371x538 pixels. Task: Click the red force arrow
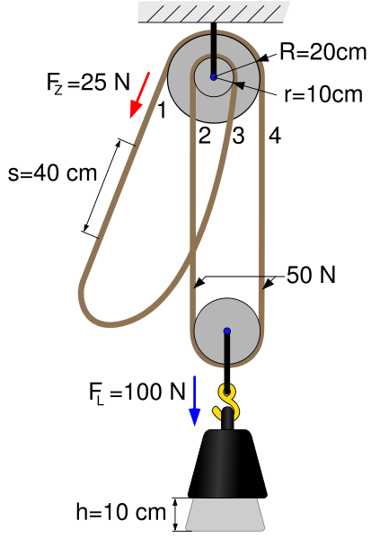click(x=139, y=95)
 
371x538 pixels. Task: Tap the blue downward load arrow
click(x=194, y=401)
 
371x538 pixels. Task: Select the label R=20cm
click(x=323, y=52)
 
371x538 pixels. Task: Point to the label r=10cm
click(x=323, y=94)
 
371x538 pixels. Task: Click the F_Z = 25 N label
click(x=88, y=83)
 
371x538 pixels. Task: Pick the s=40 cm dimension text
click(x=52, y=172)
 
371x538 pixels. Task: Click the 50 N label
click(x=311, y=275)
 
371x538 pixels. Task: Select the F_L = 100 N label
click(x=137, y=392)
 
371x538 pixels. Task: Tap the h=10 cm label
click(x=120, y=512)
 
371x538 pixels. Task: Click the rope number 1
click(x=162, y=110)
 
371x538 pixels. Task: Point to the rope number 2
click(x=205, y=136)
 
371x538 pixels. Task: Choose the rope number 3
click(x=239, y=136)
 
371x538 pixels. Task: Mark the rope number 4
click(x=275, y=136)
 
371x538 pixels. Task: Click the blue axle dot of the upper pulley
click(x=214, y=77)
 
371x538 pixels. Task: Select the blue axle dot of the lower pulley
click(x=227, y=331)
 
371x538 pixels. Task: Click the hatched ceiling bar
click(x=214, y=12)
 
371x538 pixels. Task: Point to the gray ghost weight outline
click(x=225, y=514)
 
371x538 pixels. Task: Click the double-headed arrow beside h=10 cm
click(x=175, y=515)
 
